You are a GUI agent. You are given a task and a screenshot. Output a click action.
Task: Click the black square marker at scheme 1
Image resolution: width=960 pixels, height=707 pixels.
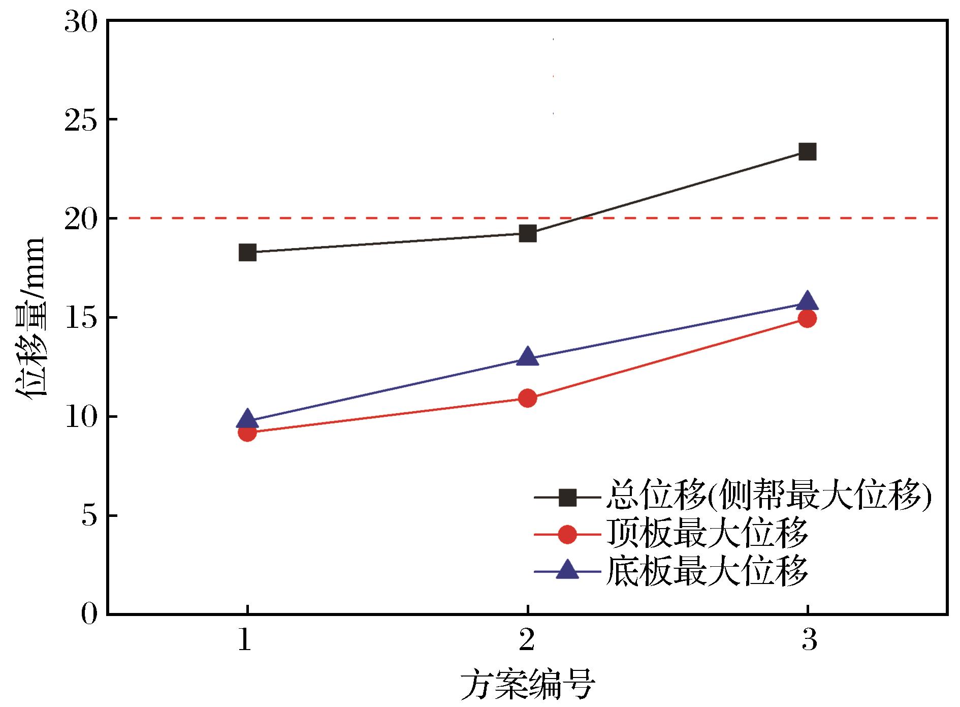(x=247, y=252)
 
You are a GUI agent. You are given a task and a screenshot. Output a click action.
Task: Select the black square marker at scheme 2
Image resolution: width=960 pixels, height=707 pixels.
(x=528, y=234)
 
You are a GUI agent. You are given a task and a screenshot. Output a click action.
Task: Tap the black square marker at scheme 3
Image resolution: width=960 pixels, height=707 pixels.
(x=807, y=151)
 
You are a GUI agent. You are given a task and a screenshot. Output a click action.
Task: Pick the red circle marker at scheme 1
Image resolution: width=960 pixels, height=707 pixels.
(x=247, y=433)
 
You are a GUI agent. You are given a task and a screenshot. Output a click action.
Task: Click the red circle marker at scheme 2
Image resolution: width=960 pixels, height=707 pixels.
(x=528, y=398)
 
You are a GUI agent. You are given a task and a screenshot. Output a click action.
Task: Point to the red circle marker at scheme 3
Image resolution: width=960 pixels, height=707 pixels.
(x=807, y=319)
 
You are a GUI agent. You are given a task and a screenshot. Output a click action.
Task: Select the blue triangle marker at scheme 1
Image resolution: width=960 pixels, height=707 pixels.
(x=247, y=418)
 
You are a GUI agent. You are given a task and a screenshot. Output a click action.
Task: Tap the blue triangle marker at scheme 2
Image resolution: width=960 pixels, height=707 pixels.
(x=528, y=356)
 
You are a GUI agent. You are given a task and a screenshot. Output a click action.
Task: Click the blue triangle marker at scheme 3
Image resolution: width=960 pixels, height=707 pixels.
(x=807, y=301)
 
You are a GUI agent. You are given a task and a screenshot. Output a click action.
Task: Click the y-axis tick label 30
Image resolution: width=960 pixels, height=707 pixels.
(x=80, y=22)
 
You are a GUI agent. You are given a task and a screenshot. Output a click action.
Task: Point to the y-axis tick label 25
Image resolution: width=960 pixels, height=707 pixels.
(x=80, y=120)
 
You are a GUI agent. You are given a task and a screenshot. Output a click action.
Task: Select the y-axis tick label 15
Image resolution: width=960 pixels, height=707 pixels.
(x=80, y=318)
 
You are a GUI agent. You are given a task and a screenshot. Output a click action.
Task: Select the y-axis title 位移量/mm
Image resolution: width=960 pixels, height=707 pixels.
(x=31, y=318)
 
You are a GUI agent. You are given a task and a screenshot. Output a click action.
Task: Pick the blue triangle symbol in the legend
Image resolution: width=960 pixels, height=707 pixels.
(x=567, y=570)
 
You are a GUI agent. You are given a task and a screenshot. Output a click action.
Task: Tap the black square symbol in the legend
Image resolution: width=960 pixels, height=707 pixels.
(x=567, y=497)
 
